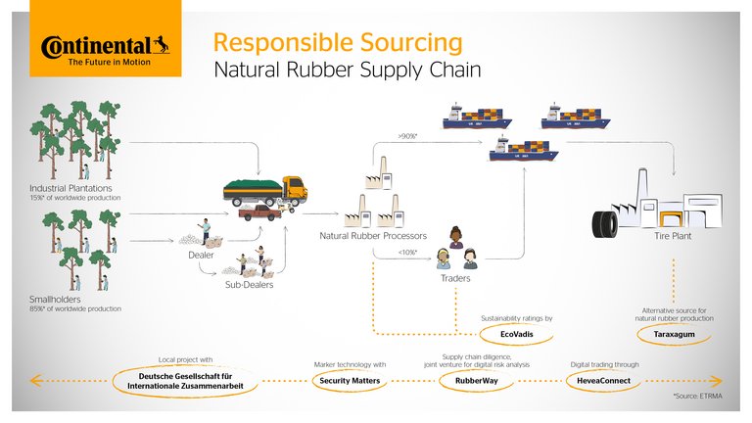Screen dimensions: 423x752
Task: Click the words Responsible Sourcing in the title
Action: tap(338, 43)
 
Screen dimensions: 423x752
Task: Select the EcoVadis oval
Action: tap(515, 335)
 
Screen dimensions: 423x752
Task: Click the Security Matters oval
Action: tap(351, 380)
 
